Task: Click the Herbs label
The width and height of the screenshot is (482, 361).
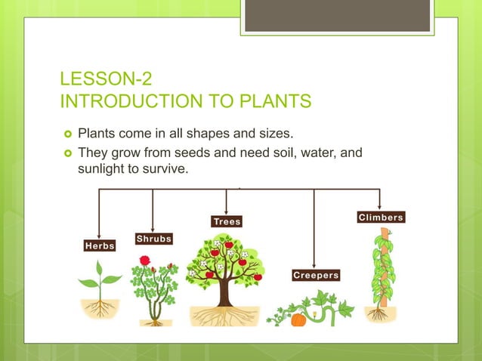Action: (100, 246)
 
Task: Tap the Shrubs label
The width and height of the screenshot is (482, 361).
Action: (153, 239)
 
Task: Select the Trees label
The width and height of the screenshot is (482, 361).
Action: (227, 221)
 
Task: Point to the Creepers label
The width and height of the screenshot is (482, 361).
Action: (316, 276)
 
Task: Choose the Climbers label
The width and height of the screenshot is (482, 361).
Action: (380, 218)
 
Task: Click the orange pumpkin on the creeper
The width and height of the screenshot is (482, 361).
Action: (298, 319)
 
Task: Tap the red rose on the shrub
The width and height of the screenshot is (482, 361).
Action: (144, 261)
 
